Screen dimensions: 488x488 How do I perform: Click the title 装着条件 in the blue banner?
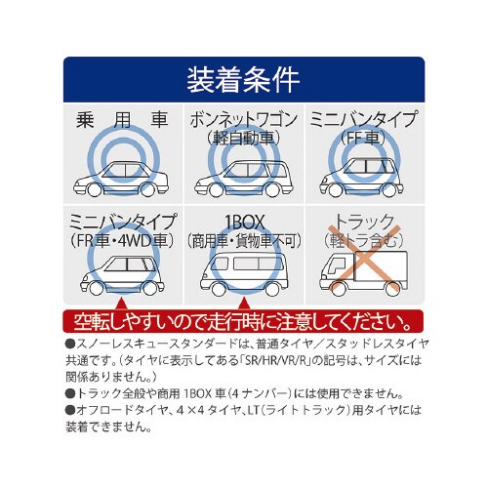[x=243, y=80]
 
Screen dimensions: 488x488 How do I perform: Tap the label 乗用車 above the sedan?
[x=122, y=120]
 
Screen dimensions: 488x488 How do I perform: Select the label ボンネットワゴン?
[x=244, y=120]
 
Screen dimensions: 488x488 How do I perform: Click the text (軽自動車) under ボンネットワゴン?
[x=244, y=138]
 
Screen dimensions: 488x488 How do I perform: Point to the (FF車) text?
[x=363, y=138]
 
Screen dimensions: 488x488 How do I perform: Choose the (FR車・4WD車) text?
[x=122, y=241]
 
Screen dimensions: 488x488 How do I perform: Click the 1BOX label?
[x=244, y=222]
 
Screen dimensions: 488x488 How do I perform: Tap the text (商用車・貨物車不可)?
[x=244, y=241]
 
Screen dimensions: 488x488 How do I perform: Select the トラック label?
[x=364, y=222]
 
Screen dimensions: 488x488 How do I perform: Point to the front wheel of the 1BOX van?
[x=218, y=289]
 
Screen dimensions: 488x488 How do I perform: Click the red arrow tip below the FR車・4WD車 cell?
[x=121, y=300]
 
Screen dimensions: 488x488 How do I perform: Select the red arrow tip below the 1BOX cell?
[x=244, y=300]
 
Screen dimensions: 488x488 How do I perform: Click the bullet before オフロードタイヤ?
[x=70, y=410]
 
